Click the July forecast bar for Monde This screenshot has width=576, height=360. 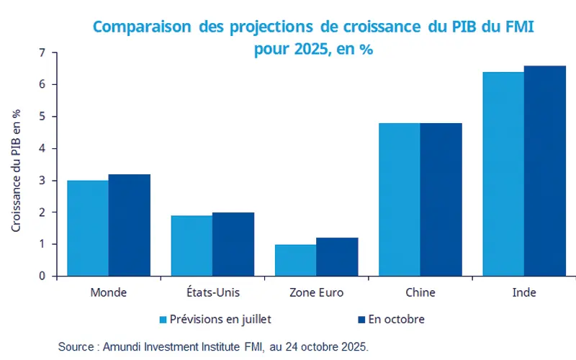click(x=88, y=228)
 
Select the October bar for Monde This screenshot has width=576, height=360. click(x=130, y=225)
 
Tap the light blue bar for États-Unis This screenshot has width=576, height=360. click(x=192, y=246)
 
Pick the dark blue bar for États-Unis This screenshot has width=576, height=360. click(x=233, y=244)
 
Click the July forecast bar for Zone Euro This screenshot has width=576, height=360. click(x=295, y=260)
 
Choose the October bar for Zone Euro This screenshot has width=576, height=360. click(x=337, y=256)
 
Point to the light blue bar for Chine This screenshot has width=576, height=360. click(x=399, y=199)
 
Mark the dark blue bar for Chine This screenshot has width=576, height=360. click(x=441, y=199)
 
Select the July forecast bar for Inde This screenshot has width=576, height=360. click(x=503, y=174)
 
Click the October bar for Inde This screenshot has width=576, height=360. click(x=544, y=171)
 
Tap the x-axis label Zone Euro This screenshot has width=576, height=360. click(x=316, y=293)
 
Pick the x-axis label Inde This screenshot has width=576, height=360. click(x=523, y=293)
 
